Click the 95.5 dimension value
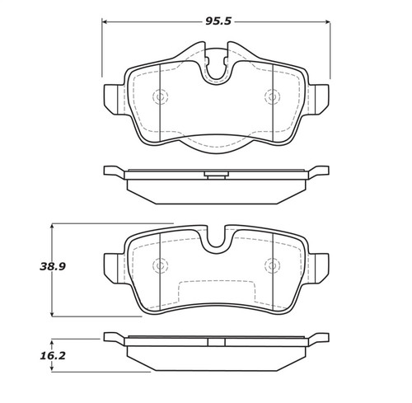pos(216,14)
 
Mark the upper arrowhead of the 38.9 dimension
pos(53,225)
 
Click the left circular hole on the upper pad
pos(160,97)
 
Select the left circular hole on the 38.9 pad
pos(160,265)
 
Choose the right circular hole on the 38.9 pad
pos(271,265)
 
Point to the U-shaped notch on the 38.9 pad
pos(216,240)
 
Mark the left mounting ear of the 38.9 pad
pos(114,265)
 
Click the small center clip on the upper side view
pos(216,174)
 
